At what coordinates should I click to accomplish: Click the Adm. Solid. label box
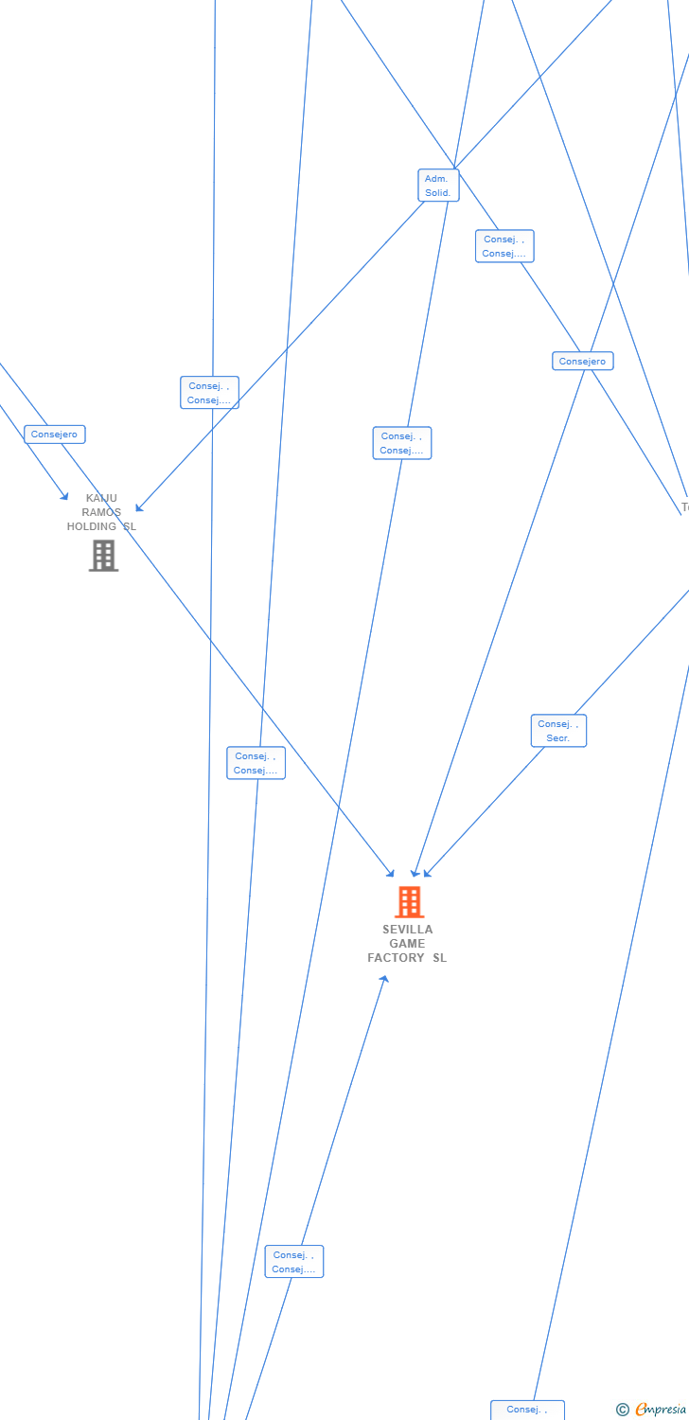click(x=438, y=186)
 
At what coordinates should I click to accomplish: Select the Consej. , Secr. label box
click(x=558, y=731)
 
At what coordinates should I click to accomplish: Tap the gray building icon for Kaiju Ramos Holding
click(x=103, y=556)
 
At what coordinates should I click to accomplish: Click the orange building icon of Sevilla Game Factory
click(x=409, y=902)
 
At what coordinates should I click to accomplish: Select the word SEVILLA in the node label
click(x=408, y=930)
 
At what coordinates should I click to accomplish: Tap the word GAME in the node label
click(x=408, y=944)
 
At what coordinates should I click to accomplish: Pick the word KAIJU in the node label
click(x=101, y=498)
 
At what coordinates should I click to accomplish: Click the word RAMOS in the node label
click(x=101, y=512)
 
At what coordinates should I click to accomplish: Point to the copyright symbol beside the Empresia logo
click(x=623, y=1410)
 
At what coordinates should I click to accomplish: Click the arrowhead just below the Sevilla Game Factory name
click(x=384, y=978)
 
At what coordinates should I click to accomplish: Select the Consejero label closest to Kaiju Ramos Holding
click(x=55, y=435)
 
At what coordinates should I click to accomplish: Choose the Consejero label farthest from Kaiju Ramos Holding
click(x=583, y=361)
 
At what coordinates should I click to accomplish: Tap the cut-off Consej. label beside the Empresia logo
click(x=527, y=1410)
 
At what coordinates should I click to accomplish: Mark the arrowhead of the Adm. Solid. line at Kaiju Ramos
click(x=138, y=509)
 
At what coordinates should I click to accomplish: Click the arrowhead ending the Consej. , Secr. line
click(x=427, y=874)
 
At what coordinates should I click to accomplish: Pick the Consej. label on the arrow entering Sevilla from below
click(x=294, y=1262)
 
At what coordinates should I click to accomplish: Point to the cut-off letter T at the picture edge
click(x=685, y=507)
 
